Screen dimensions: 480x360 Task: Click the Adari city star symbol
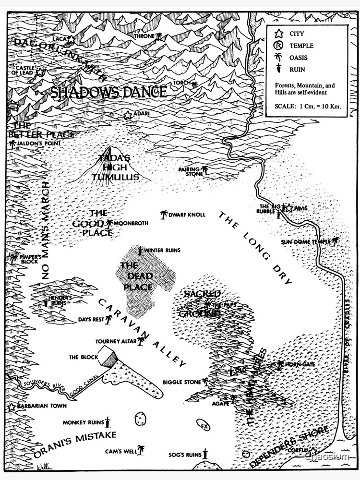point(128,115)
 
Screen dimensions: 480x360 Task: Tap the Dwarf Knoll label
point(187,215)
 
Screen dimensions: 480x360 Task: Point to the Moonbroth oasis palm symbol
point(109,223)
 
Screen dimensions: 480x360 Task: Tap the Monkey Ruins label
point(83,422)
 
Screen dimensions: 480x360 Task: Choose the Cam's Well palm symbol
point(141,450)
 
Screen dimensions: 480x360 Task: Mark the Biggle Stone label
point(181,382)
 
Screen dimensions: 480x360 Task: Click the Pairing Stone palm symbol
point(205,169)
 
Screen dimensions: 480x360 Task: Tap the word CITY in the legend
point(296,34)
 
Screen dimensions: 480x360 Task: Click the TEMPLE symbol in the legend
point(277,46)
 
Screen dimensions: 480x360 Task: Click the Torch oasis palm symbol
point(194,85)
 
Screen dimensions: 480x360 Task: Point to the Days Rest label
point(91,319)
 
